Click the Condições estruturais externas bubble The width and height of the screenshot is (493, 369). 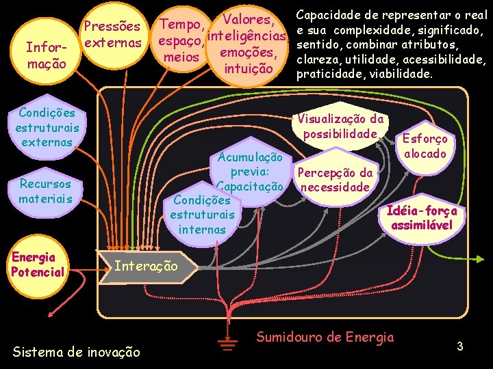47,127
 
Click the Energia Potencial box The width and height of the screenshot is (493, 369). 37,264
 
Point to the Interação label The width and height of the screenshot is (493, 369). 145,265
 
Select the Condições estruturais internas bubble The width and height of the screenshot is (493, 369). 201,215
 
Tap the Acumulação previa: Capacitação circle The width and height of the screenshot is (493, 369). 249,172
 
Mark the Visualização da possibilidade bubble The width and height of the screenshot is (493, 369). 340,126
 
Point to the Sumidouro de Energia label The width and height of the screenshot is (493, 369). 325,336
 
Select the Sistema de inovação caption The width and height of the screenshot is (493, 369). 76,352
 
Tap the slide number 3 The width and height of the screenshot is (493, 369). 461,346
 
